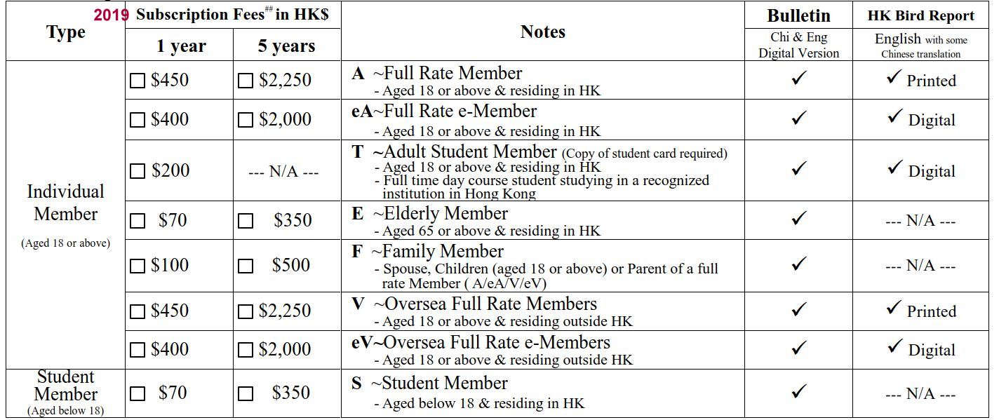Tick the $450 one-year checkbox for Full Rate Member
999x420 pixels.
(138, 81)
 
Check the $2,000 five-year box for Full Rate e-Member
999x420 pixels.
(246, 121)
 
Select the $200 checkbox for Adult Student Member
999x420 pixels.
(138, 171)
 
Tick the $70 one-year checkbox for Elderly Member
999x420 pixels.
(138, 222)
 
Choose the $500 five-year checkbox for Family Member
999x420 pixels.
(246, 266)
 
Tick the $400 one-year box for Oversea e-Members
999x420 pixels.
(138, 350)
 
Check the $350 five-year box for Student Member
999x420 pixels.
(246, 394)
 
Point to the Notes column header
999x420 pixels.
(542, 32)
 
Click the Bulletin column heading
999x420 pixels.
(798, 16)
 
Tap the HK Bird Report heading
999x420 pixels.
(921, 16)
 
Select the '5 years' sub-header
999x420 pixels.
(286, 46)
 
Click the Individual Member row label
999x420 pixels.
(65, 203)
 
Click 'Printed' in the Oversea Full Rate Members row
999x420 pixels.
(931, 311)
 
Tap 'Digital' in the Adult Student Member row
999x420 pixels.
(932, 172)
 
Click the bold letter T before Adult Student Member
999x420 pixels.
(358, 152)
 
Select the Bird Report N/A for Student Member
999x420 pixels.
(920, 395)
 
